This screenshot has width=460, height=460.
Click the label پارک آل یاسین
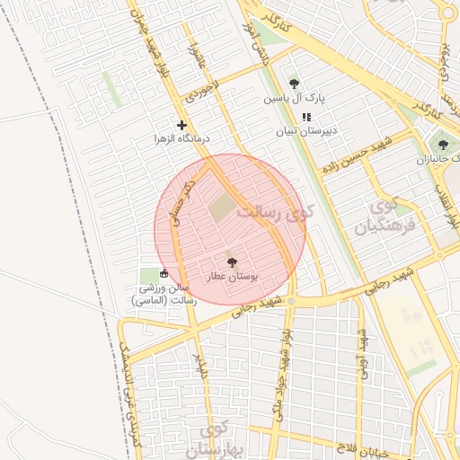click(x=294, y=98)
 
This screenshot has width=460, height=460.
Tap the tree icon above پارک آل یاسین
click(x=294, y=84)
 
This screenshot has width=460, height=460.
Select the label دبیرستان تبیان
click(x=306, y=130)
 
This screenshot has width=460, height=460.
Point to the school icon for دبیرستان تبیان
click(x=306, y=117)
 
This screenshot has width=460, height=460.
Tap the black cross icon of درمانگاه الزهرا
click(x=182, y=125)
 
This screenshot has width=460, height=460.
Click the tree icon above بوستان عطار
click(x=233, y=263)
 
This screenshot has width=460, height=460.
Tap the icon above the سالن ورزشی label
click(x=163, y=273)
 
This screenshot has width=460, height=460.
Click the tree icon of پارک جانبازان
click(x=441, y=145)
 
